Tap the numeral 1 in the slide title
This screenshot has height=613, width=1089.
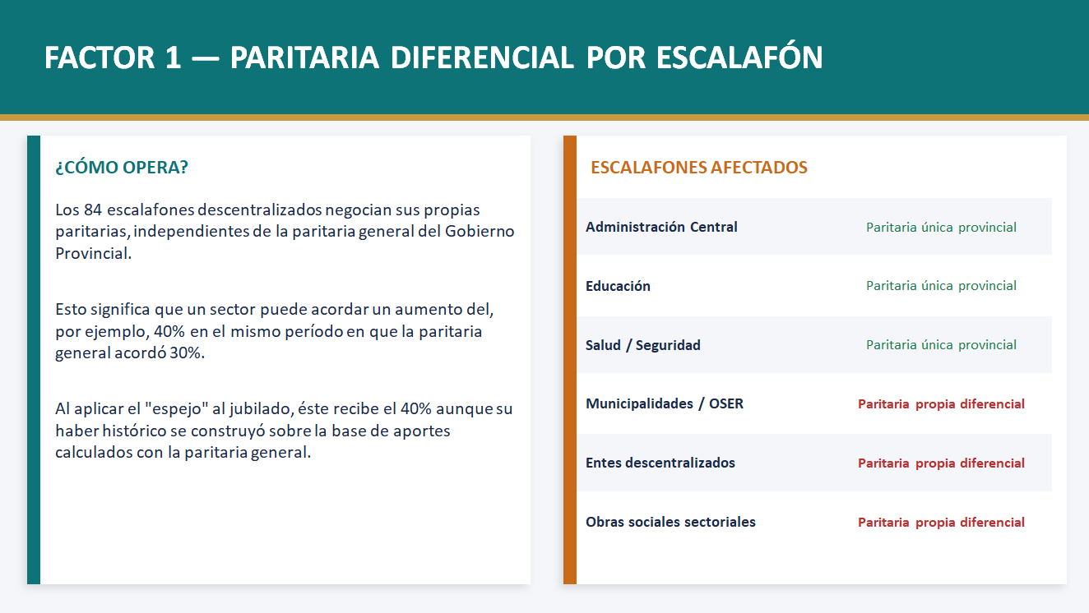173,58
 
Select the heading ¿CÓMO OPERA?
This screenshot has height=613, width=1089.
122,167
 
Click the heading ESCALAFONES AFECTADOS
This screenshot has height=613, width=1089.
698,167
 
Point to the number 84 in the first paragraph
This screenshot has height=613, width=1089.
92,210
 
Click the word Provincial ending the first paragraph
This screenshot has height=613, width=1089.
93,253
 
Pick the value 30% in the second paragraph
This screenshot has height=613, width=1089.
187,353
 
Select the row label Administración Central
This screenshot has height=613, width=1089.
661,227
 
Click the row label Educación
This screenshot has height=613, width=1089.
618,286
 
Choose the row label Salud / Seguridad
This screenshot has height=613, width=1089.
642,345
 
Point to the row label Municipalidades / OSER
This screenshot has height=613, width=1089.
664,403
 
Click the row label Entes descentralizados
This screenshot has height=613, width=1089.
660,463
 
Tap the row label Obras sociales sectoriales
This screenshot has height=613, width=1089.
670,522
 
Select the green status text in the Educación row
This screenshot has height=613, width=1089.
941,286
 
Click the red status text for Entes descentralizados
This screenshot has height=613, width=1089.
941,463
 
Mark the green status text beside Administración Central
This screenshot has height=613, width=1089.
941,227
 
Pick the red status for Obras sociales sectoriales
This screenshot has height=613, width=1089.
941,522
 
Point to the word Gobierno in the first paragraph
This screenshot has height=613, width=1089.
480,231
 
